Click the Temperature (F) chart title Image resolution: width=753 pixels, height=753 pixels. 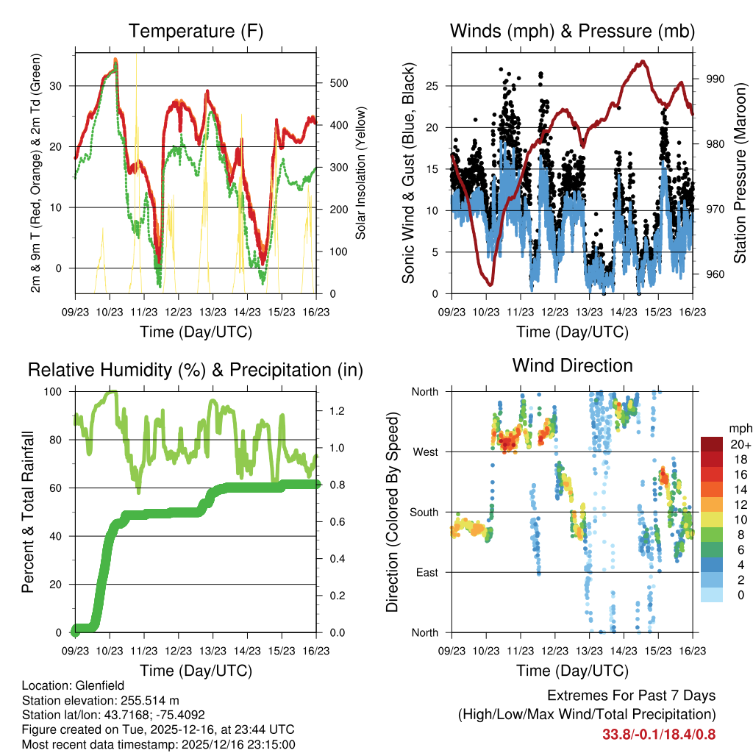point(196,31)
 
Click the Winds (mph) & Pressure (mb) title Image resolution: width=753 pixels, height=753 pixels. point(572,31)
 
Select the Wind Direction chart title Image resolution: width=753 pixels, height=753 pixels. point(572,365)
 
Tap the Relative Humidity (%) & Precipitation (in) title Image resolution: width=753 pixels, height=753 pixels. point(196,369)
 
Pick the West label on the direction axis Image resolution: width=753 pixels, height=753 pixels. point(424,452)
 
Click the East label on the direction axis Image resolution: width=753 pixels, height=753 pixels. point(426,572)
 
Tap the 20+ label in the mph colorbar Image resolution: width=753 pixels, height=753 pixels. point(740,444)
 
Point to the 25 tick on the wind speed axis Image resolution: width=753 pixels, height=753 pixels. point(432,86)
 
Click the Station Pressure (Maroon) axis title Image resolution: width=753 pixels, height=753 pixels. point(740,174)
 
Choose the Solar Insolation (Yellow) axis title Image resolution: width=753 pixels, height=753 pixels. point(361,174)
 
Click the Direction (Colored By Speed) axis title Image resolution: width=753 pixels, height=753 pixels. point(392,512)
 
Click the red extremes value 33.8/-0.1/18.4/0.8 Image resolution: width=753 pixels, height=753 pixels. point(659,734)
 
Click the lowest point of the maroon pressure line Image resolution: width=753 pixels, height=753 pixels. point(490,284)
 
